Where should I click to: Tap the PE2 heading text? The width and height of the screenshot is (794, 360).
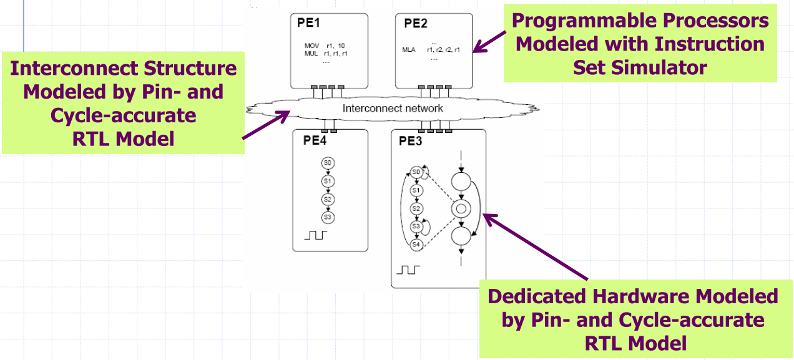coord(416,24)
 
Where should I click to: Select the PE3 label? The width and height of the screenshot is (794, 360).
coord(411,140)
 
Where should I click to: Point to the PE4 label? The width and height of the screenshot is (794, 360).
coord(315,140)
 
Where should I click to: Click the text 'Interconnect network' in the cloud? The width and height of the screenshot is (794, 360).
coord(393,108)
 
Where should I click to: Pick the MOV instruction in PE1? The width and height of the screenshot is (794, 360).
coord(311,46)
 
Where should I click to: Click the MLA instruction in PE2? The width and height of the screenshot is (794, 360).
coord(409,50)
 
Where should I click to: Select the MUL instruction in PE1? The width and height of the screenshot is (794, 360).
coord(311,54)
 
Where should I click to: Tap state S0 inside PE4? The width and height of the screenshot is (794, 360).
coord(328,163)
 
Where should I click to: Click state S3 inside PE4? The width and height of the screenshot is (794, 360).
coord(328,217)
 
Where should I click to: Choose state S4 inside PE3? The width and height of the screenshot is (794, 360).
coord(416,245)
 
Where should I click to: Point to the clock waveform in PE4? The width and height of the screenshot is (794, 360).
coord(315,236)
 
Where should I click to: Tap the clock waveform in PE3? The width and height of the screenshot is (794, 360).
coord(409,270)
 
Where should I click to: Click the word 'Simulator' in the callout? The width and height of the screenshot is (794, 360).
coord(640,67)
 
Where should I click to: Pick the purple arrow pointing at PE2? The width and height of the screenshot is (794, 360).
coord(490,41)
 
